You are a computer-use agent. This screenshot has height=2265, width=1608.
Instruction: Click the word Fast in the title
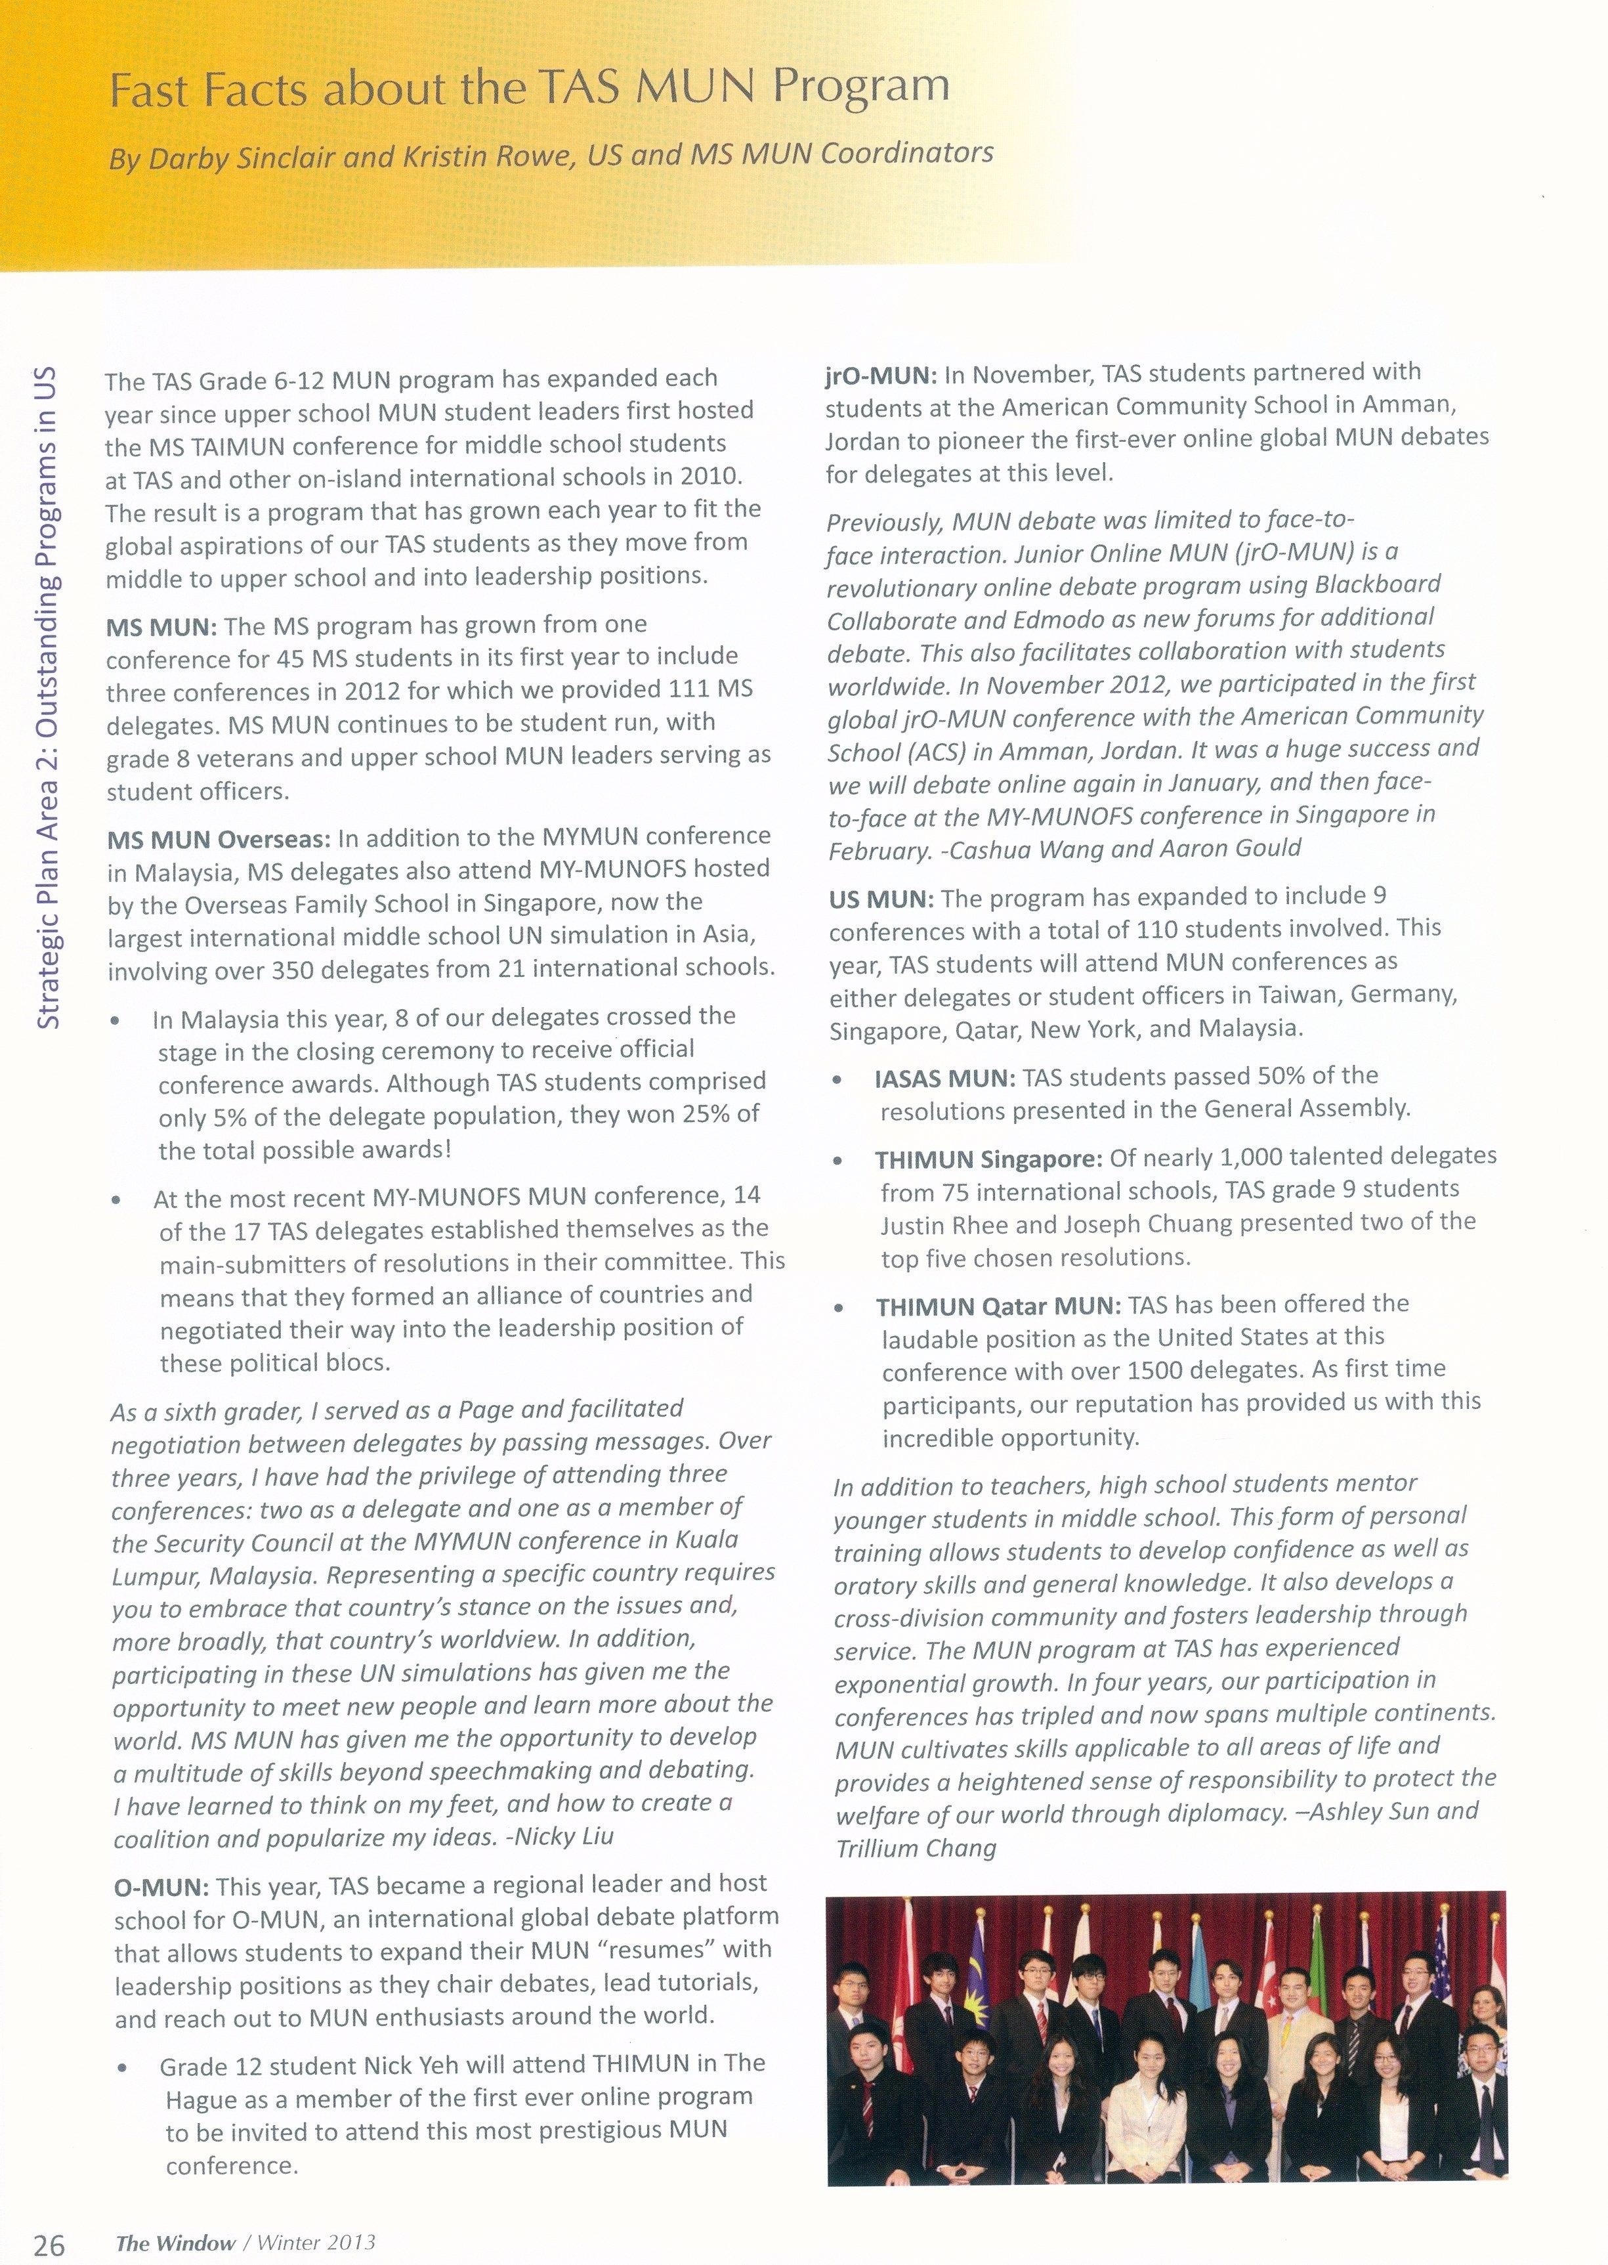(x=154, y=91)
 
